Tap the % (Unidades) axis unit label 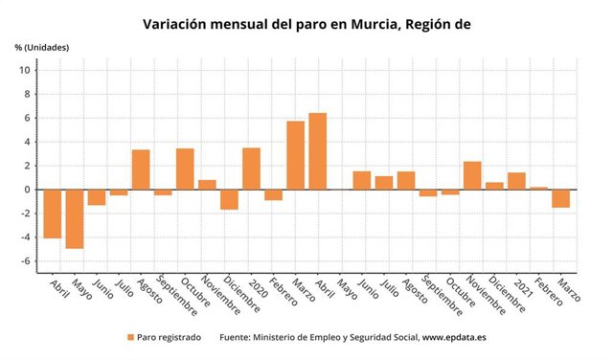pyautogui.click(x=41, y=47)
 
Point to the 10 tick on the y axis pyautogui.click(x=27, y=70)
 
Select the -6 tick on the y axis pyautogui.click(x=27, y=261)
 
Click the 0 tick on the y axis pyautogui.click(x=29, y=190)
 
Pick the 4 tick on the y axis pyautogui.click(x=29, y=142)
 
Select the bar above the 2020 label pyautogui.click(x=251, y=169)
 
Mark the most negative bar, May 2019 pyautogui.click(x=74, y=218)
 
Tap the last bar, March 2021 pyautogui.click(x=560, y=198)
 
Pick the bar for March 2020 pyautogui.click(x=295, y=155)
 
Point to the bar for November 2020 pyautogui.click(x=472, y=175)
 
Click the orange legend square pyautogui.click(x=131, y=337)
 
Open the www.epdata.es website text pyautogui.click(x=455, y=337)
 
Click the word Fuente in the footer pyautogui.click(x=237, y=337)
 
